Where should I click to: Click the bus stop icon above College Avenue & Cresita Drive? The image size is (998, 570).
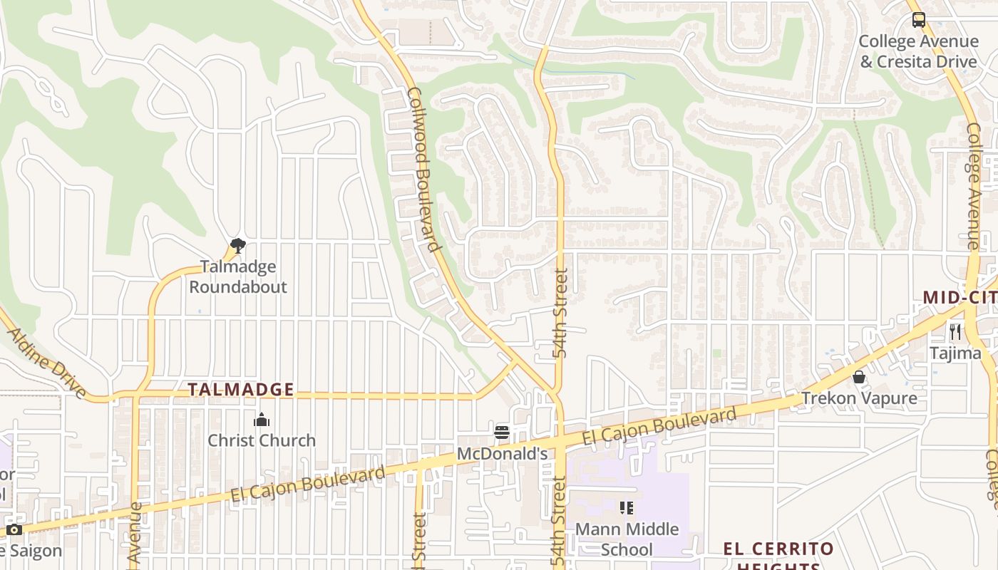(918, 20)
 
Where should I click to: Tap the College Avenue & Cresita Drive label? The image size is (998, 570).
(918, 52)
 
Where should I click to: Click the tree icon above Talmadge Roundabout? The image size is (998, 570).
(238, 247)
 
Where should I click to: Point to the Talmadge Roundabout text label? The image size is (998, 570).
(237, 276)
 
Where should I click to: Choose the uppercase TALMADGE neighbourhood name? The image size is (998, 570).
(241, 390)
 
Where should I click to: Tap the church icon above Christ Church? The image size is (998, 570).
(262, 420)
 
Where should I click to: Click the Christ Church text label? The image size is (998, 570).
(262, 440)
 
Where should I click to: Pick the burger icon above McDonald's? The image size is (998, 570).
(502, 432)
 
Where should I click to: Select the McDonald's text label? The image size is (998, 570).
(502, 453)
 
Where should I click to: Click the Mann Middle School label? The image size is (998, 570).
(627, 539)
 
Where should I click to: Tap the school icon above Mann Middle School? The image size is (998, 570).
(627, 508)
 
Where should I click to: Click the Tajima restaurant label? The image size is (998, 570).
(955, 353)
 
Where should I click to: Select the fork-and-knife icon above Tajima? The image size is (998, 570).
(955, 331)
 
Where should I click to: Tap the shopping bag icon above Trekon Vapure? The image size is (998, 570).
(859, 377)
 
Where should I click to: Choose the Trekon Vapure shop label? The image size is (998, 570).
(859, 398)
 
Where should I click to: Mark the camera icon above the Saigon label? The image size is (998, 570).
(14, 530)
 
